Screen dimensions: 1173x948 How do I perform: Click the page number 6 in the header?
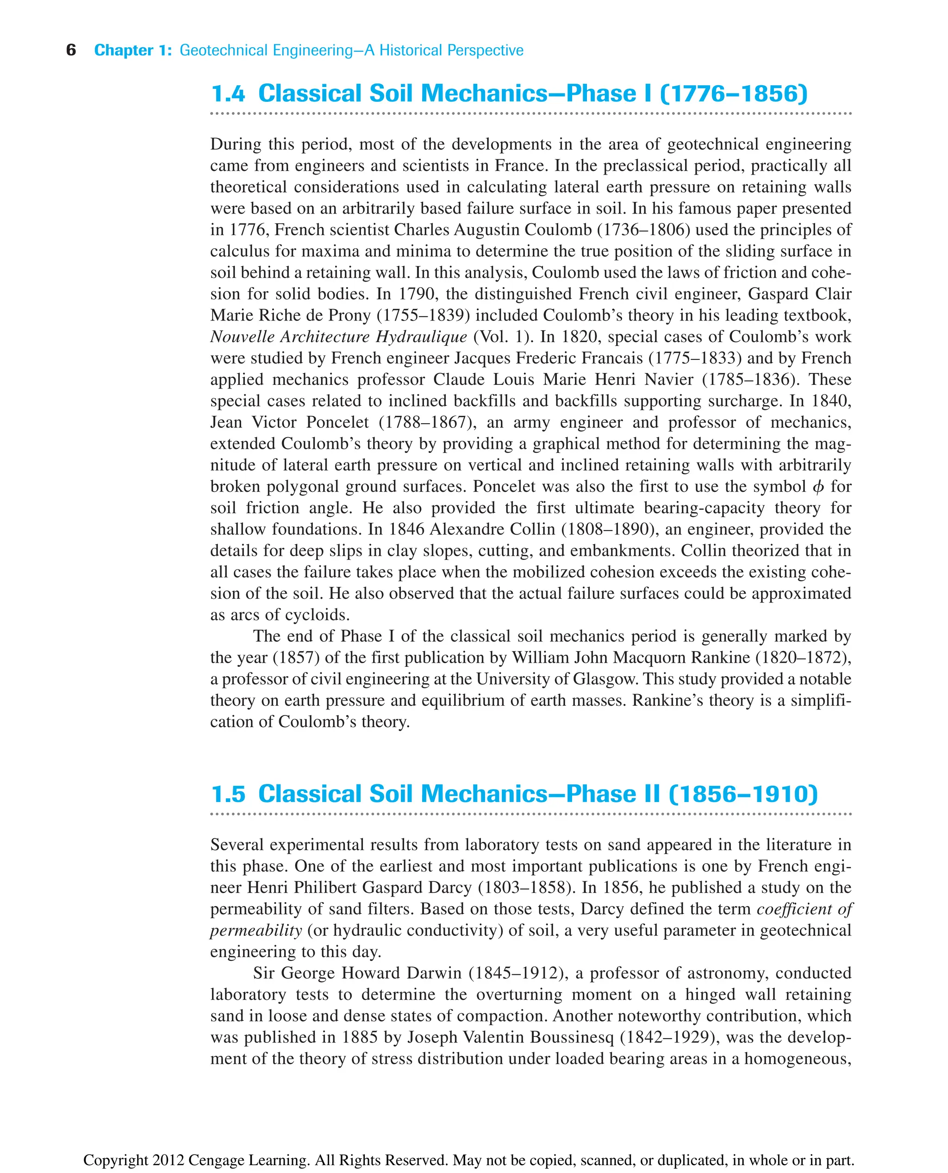[71, 50]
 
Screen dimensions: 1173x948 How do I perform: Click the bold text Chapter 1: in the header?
[133, 50]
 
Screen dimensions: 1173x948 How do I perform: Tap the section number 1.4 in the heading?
[228, 94]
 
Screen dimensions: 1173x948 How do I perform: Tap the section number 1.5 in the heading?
[228, 794]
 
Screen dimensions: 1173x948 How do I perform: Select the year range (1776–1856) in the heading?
[733, 94]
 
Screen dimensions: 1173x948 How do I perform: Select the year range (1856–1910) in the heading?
[743, 794]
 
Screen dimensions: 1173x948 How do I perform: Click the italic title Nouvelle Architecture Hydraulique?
[338, 337]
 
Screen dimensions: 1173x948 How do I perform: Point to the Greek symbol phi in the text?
[817, 486]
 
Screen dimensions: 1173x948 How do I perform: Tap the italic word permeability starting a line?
[256, 930]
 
